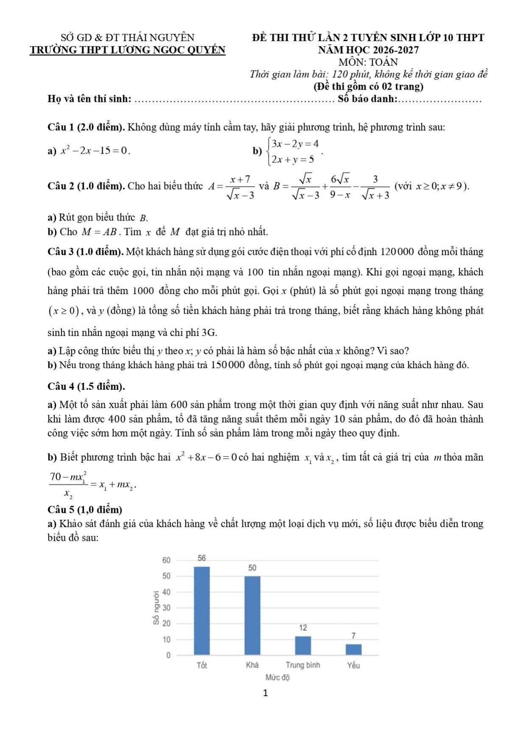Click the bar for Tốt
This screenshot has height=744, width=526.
(x=201, y=611)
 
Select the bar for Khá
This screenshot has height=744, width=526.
(x=252, y=615)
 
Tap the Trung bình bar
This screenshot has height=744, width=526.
(x=303, y=645)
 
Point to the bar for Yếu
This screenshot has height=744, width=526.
(x=353, y=649)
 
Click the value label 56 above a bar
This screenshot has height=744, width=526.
(x=201, y=558)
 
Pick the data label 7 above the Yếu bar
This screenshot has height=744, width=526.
(x=353, y=635)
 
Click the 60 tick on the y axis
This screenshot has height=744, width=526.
(x=166, y=560)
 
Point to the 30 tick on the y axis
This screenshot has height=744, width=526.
(x=166, y=607)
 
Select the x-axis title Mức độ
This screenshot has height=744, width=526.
(x=277, y=677)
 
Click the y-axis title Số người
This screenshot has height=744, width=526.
(x=157, y=607)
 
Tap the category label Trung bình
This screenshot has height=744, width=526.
(x=303, y=665)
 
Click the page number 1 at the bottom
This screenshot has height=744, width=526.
(x=266, y=693)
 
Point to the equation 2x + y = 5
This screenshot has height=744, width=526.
(x=293, y=159)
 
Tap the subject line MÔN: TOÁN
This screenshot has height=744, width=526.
(x=368, y=62)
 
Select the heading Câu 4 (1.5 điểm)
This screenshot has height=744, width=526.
(x=86, y=386)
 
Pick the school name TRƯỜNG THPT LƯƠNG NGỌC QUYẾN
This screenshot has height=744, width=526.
(x=127, y=50)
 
